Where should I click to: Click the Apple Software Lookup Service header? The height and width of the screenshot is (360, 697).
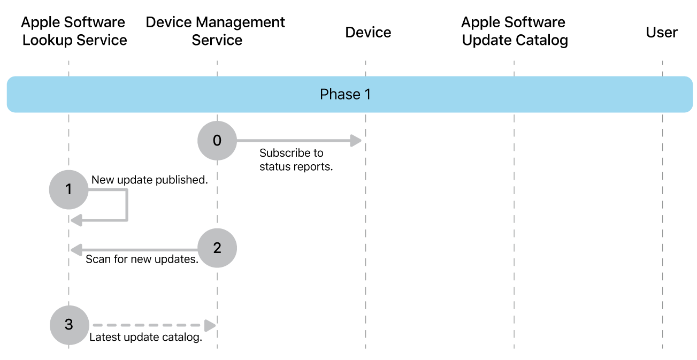click(74, 31)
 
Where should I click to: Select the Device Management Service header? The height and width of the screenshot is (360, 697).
click(216, 31)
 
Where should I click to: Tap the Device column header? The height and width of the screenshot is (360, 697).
click(368, 33)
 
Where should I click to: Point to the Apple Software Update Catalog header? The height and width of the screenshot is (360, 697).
click(515, 31)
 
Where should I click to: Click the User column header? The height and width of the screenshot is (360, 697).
click(662, 33)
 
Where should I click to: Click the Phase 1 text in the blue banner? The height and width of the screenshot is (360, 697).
click(345, 95)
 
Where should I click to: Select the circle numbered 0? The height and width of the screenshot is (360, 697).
click(217, 141)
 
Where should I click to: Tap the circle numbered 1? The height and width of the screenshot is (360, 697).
click(68, 189)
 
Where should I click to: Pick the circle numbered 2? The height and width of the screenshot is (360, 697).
click(217, 248)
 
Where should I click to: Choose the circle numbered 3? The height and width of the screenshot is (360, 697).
click(69, 325)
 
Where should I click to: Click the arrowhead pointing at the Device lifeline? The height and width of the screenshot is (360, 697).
click(356, 141)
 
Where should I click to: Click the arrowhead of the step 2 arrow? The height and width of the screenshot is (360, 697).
click(76, 249)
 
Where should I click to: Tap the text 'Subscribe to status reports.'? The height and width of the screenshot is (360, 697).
click(296, 160)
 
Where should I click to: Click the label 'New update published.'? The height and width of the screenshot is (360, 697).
click(149, 180)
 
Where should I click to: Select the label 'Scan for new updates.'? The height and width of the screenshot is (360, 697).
click(142, 260)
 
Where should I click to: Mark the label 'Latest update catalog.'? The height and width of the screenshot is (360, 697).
click(145, 338)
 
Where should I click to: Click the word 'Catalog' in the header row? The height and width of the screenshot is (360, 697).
click(540, 40)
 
